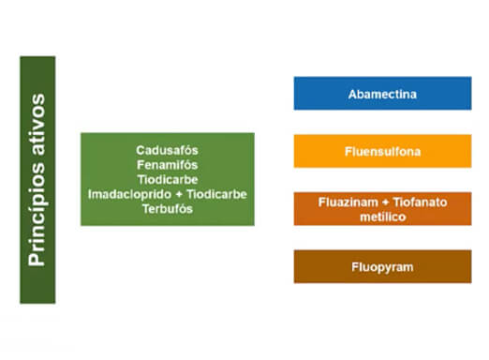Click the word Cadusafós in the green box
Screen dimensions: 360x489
tap(167, 149)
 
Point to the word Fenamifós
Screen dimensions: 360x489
tap(167, 164)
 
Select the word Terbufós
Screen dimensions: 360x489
tap(167, 209)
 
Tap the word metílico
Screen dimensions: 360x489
tap(382, 217)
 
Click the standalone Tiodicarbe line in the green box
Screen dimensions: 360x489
tap(167, 179)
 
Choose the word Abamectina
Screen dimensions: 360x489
tap(382, 94)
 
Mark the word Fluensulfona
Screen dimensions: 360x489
tap(382, 150)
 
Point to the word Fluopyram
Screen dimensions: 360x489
tap(382, 267)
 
